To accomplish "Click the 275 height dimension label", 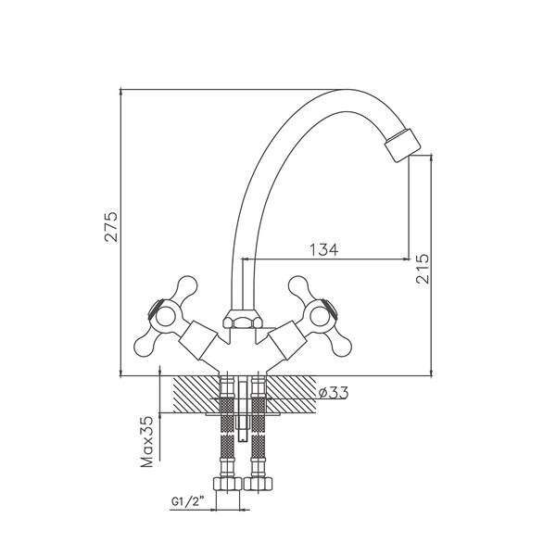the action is tap(110, 227).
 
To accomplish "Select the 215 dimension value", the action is tap(423, 269).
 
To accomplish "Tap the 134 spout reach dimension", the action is tap(324, 249).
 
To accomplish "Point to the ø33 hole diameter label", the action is tap(334, 393).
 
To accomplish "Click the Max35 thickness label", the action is tap(146, 442).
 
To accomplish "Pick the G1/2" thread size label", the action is tap(188, 501).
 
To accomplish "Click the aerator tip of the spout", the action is tap(402, 145).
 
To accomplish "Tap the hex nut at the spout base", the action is tap(243, 319).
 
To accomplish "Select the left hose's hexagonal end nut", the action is tap(227, 484).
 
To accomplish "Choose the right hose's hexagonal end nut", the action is tap(259, 484).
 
